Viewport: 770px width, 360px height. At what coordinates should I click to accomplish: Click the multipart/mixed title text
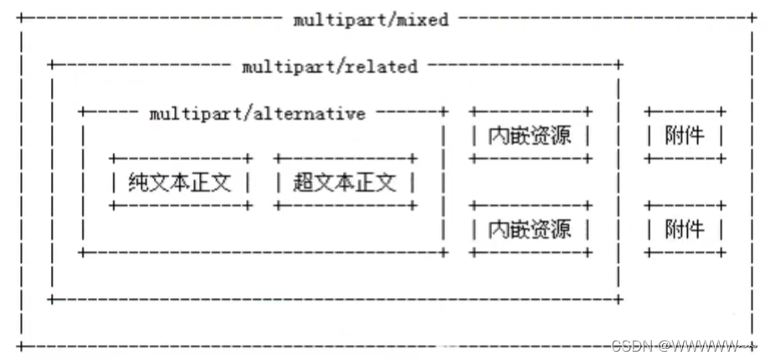[x=371, y=19]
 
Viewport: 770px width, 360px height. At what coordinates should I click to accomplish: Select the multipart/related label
[x=330, y=66]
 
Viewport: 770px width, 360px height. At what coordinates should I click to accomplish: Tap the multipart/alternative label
[x=258, y=113]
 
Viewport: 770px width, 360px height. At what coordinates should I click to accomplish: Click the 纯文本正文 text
[x=179, y=181]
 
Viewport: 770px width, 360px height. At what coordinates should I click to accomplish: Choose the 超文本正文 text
[x=344, y=181]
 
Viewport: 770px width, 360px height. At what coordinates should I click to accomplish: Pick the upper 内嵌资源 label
[x=530, y=135]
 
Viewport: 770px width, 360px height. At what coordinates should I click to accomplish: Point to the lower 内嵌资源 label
[x=530, y=228]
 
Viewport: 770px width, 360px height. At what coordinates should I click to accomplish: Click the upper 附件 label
[x=685, y=135]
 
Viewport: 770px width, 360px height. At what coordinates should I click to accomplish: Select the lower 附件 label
[x=685, y=228]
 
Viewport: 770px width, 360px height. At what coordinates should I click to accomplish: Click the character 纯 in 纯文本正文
[x=138, y=181]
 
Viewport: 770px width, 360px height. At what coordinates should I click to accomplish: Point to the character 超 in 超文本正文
[x=303, y=181]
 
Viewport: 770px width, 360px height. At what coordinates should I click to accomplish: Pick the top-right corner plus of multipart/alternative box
[x=444, y=111]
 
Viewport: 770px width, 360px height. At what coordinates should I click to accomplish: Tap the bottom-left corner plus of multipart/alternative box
[x=82, y=251]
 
